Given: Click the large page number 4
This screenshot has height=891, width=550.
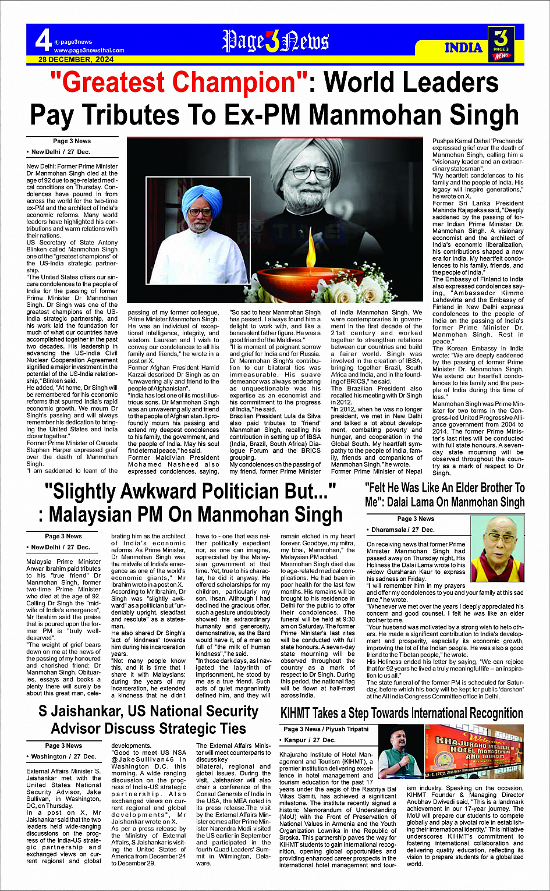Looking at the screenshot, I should point(43,41).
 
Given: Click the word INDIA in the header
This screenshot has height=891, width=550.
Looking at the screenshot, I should point(463,48).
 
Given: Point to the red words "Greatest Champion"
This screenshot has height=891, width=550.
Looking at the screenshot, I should point(181,83).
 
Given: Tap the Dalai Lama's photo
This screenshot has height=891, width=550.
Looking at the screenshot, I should point(497,549).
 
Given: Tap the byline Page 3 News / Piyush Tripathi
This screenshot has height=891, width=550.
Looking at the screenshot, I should point(326,729).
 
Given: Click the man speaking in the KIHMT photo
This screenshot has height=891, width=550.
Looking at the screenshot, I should point(400,754).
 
